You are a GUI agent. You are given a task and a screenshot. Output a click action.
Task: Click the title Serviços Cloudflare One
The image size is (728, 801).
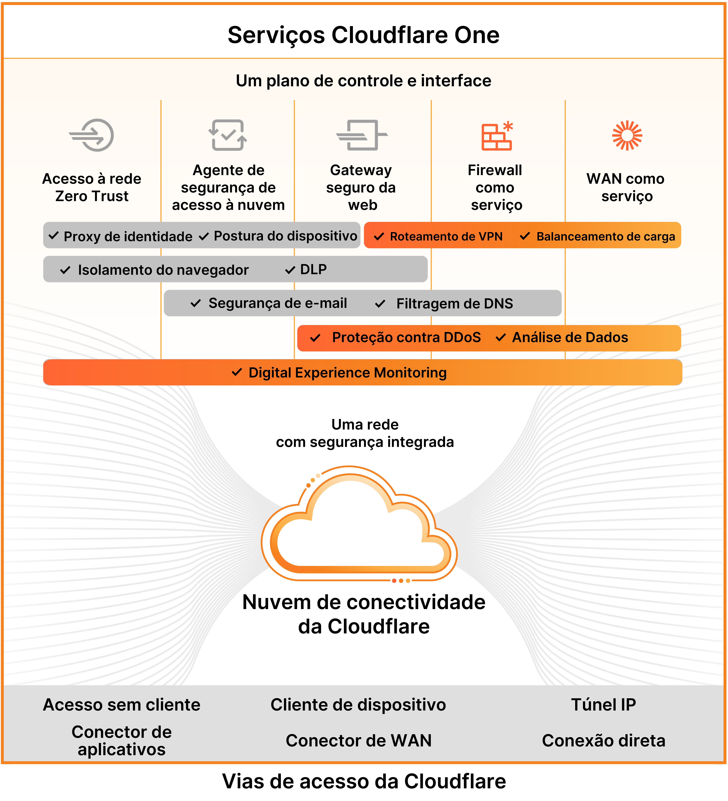tap(363, 35)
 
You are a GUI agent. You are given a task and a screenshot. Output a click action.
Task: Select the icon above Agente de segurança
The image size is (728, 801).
tap(228, 135)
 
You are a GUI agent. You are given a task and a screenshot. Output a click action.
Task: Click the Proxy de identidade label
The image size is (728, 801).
tap(128, 236)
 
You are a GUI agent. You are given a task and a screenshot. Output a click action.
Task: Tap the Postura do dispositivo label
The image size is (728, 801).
tap(285, 236)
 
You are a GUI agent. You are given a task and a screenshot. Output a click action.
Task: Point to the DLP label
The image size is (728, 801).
tap(313, 269)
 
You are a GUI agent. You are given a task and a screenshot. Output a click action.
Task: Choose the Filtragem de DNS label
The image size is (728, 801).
tap(455, 304)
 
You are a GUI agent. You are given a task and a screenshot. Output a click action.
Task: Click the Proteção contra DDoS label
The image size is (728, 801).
tap(406, 337)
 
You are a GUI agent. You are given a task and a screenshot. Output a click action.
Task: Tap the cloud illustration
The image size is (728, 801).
tap(359, 524)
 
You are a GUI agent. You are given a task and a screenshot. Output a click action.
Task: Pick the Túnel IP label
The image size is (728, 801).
tap(603, 704)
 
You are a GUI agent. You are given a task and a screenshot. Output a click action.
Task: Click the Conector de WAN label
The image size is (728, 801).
tap(358, 741)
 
